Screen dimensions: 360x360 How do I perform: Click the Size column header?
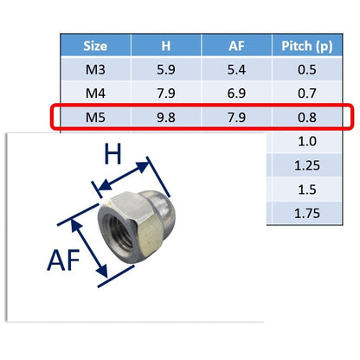(95, 46)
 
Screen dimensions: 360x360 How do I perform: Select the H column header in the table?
(166, 46)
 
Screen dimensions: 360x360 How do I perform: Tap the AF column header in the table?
(236, 46)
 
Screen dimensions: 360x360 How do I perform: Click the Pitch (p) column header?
(307, 47)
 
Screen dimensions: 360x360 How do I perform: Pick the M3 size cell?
(95, 70)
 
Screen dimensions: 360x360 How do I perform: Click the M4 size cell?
(95, 93)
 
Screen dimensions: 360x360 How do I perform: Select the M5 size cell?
(95, 118)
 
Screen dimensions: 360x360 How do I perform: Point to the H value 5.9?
(166, 70)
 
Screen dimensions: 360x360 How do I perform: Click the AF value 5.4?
(236, 70)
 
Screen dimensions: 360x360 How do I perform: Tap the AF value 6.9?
(236, 93)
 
